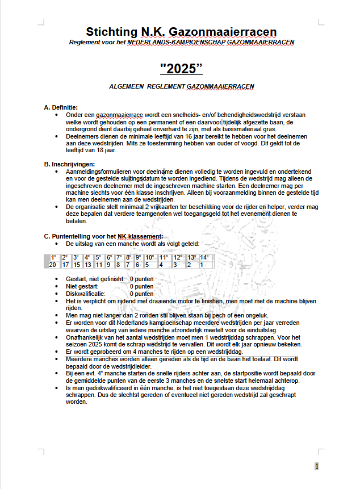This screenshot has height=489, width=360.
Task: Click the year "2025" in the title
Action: pos(181,68)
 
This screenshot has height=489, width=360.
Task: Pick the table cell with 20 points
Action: pos(52,265)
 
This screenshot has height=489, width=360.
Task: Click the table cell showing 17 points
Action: pos(65,265)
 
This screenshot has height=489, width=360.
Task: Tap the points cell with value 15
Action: pos(77,265)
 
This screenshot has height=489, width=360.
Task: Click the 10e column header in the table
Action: pos(149,258)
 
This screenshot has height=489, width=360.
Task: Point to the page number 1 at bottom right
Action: pos(316,466)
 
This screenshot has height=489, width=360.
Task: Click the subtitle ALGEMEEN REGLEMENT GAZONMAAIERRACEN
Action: pos(181,86)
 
